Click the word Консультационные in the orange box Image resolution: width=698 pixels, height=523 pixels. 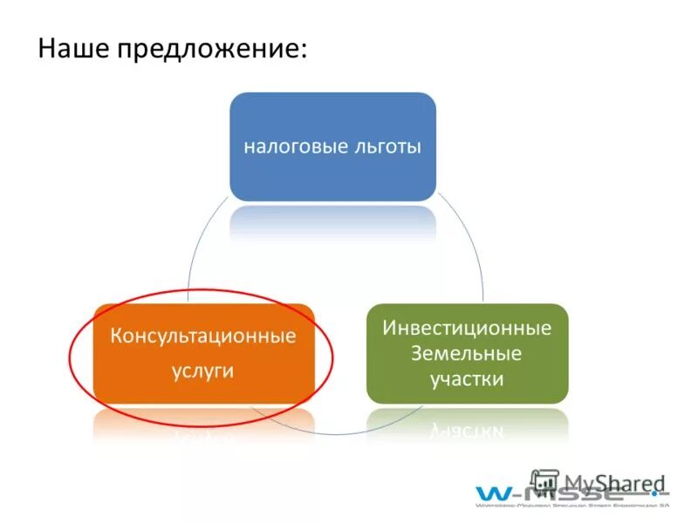202,336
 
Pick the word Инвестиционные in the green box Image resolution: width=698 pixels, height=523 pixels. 467,329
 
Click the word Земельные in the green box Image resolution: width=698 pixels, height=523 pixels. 467,354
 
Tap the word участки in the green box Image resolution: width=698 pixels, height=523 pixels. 467,380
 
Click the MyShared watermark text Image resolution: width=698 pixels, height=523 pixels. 614,483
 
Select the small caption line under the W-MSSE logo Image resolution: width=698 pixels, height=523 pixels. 571,504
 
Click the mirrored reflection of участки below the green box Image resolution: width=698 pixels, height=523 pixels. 467,429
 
